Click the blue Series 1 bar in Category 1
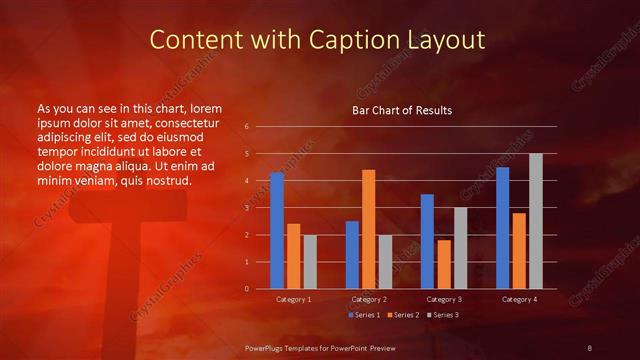(277, 230)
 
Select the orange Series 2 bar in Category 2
(368, 229)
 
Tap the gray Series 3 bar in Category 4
(535, 221)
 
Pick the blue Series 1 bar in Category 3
(427, 241)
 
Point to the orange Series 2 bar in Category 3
(443, 264)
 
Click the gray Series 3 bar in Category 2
(385, 261)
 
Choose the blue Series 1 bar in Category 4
(502, 227)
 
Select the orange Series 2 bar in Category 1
(293, 256)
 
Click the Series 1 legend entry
(363, 315)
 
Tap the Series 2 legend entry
(403, 315)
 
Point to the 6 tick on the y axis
(247, 127)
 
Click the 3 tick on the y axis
(247, 208)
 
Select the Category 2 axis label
(369, 299)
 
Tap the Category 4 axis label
(519, 299)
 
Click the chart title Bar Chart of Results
(402, 109)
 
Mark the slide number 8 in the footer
(590, 347)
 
